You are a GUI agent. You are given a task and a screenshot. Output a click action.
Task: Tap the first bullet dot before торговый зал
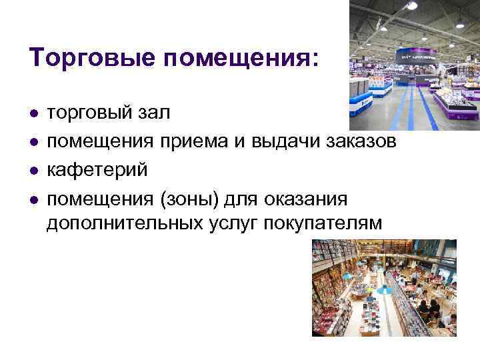point(33,114)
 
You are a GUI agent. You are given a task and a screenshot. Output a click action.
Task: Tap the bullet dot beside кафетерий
point(33,171)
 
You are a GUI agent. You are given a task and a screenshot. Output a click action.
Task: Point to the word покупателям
point(327,223)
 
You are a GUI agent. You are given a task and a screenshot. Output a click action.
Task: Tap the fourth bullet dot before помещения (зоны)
point(33,199)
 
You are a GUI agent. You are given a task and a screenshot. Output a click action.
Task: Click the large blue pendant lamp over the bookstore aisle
point(383,289)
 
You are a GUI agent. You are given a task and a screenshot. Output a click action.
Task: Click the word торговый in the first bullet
point(89,113)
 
